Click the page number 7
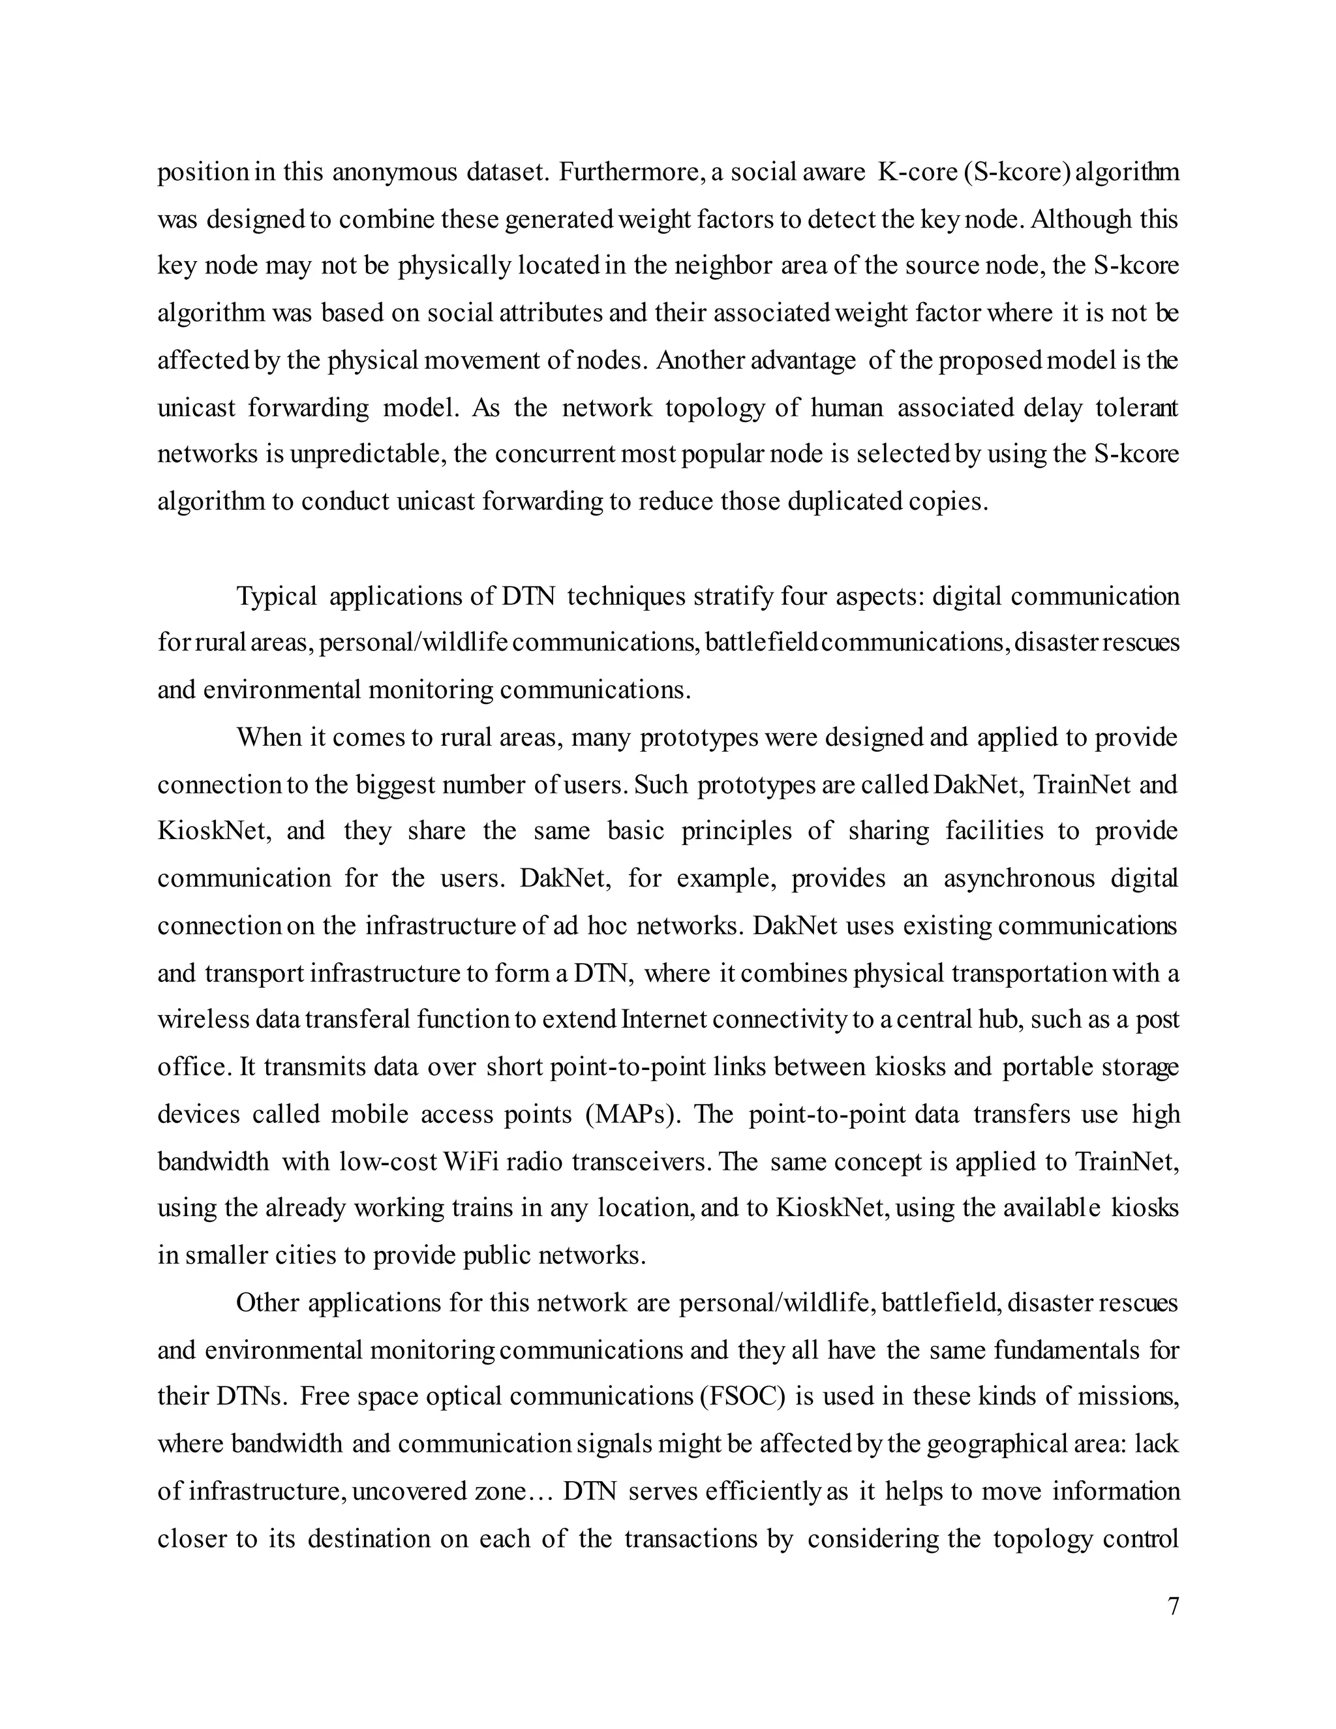coord(1173,1606)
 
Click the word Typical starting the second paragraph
coord(276,596)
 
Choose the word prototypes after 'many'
coord(690,738)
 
